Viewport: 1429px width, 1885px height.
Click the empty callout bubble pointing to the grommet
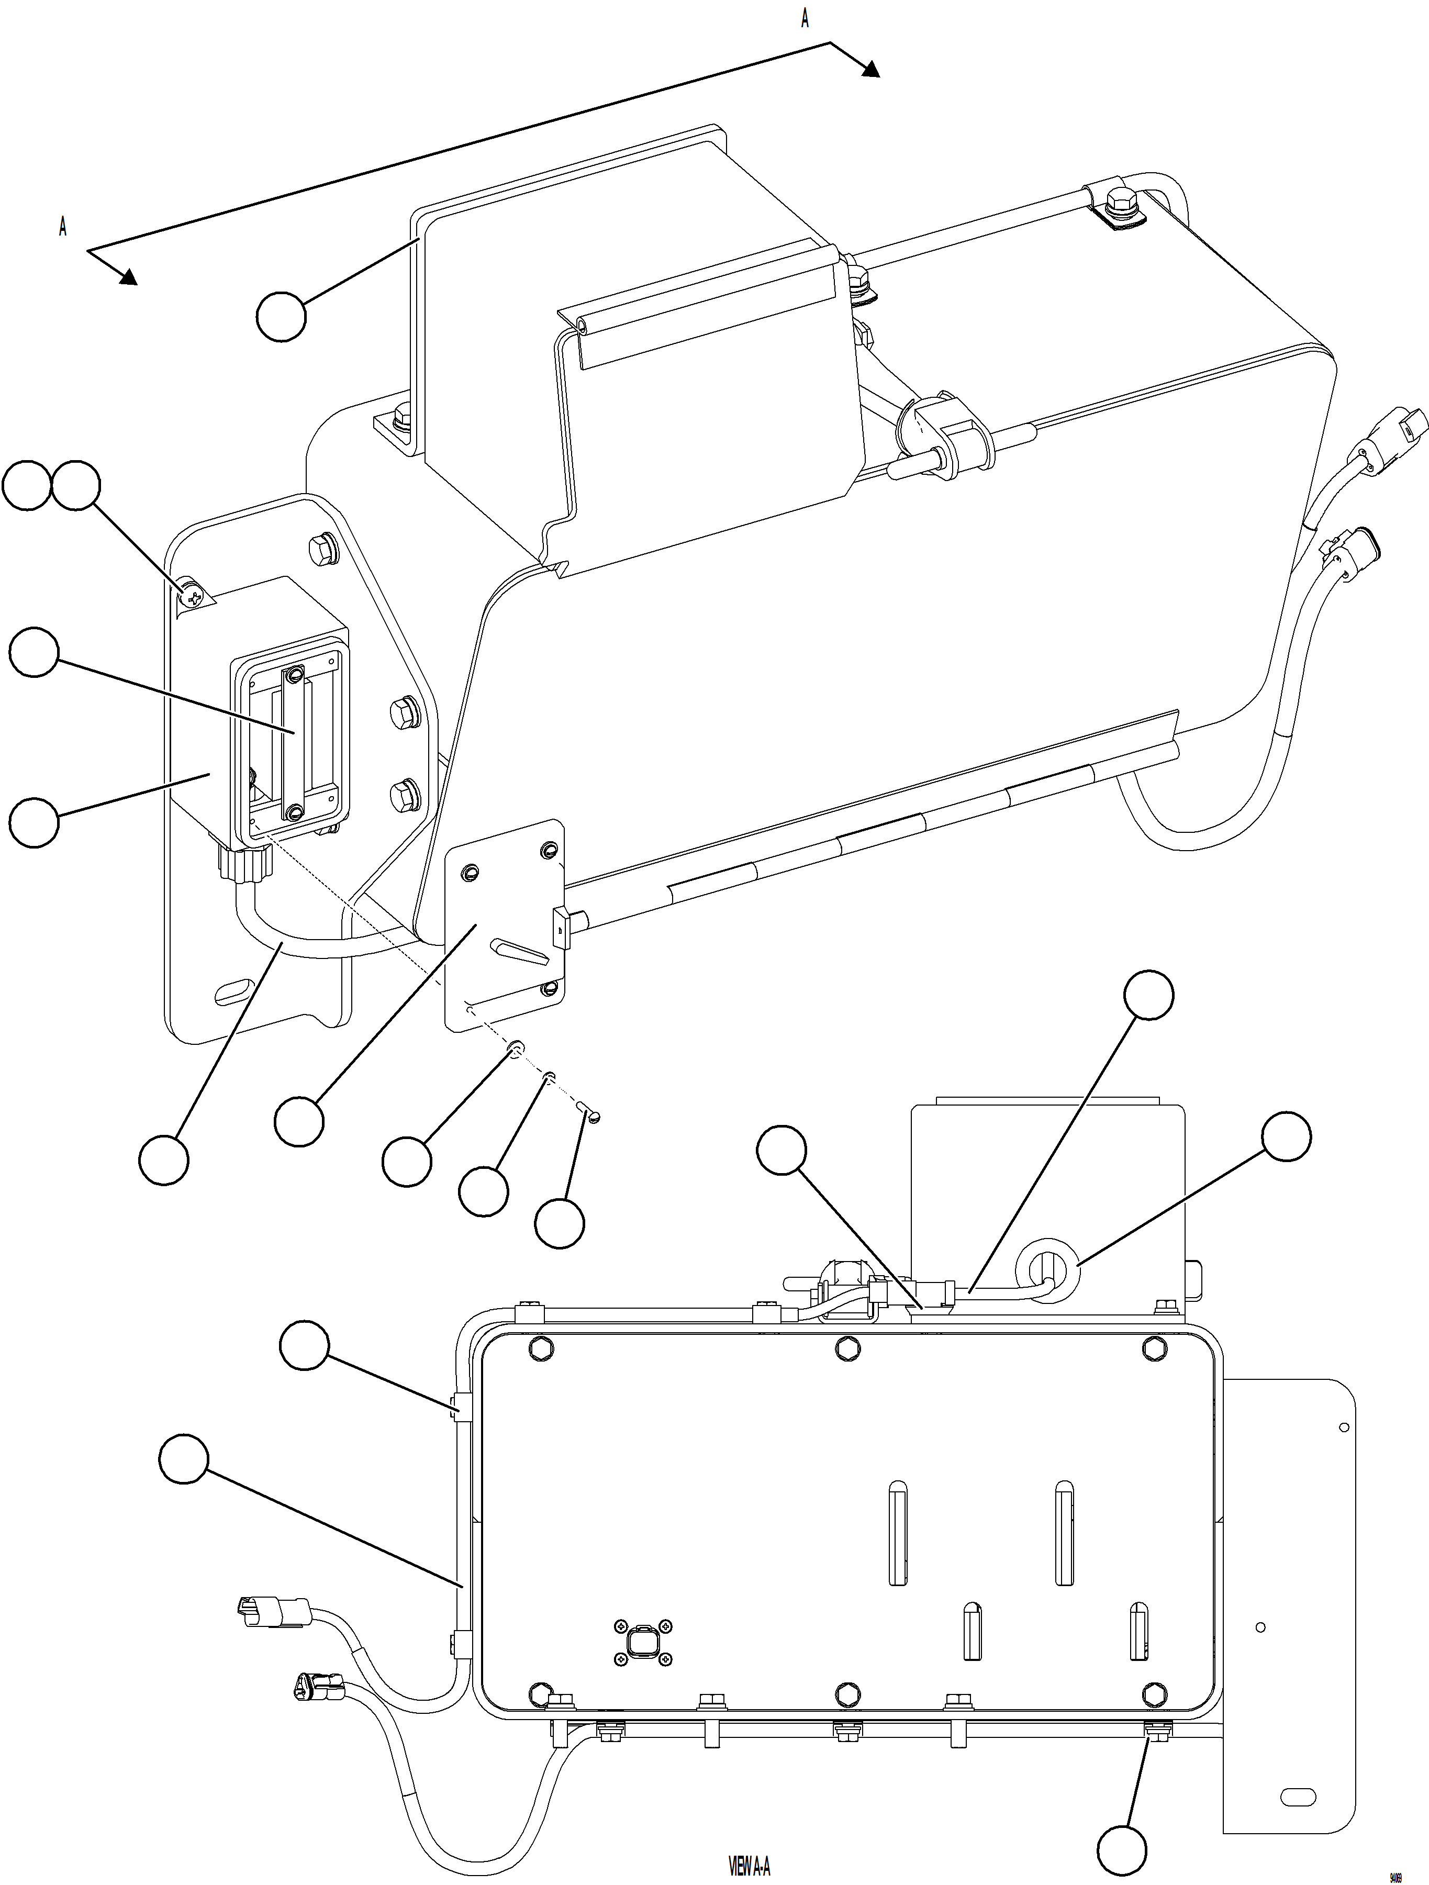coord(1286,1136)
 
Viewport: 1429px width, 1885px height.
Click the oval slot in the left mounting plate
coord(235,992)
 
